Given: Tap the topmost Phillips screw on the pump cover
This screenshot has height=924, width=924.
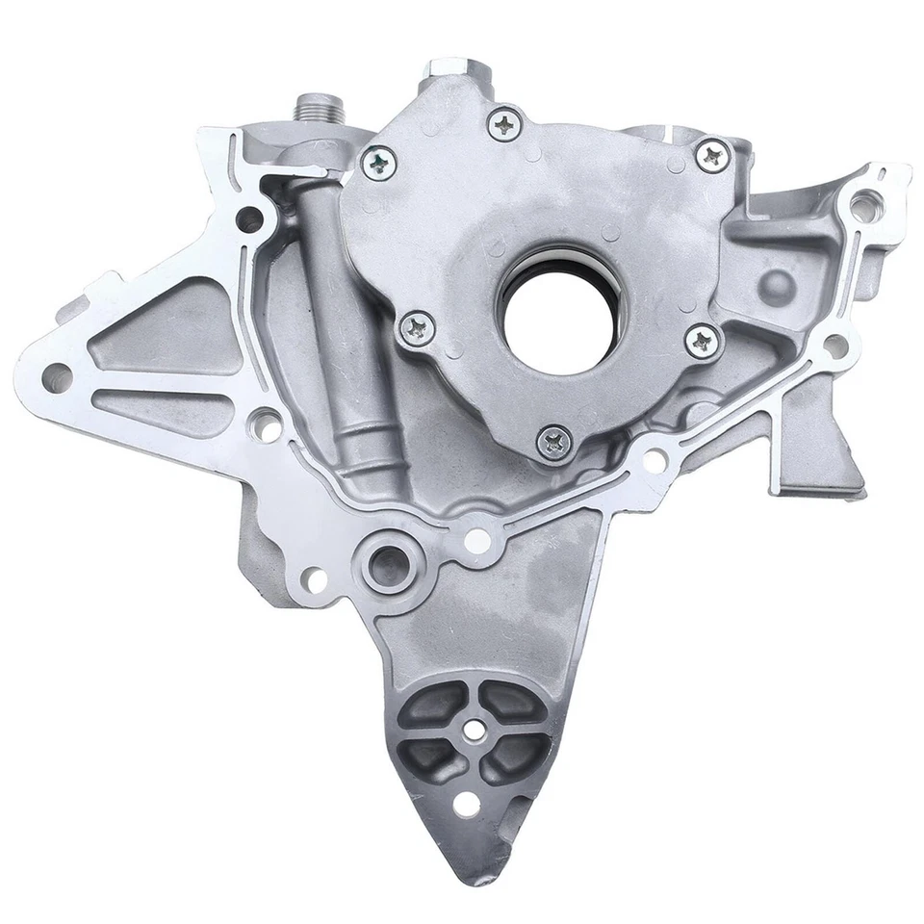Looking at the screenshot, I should tap(505, 122).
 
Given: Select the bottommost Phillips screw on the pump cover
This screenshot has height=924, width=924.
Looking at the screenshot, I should tap(556, 441).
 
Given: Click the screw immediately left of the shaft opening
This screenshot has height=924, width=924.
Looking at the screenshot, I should tap(419, 329).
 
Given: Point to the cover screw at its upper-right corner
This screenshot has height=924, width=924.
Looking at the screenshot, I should tap(712, 155).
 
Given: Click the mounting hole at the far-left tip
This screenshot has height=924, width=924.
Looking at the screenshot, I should tap(56, 377).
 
